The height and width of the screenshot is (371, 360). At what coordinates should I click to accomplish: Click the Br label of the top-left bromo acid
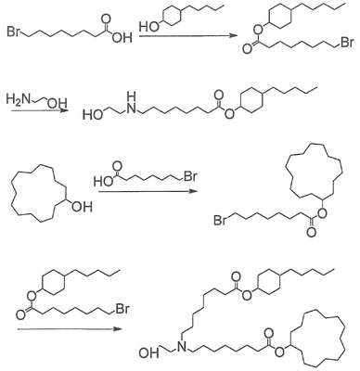[x=14, y=32]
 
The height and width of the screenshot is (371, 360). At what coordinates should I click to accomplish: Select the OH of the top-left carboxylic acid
[x=122, y=38]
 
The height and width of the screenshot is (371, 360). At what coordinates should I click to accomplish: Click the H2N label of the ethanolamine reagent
[x=19, y=99]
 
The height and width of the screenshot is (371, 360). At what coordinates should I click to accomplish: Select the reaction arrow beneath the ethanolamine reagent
[x=40, y=110]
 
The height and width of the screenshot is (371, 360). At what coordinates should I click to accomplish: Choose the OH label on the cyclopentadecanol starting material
[x=82, y=207]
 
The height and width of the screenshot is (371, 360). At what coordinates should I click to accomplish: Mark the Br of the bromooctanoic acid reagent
[x=190, y=176]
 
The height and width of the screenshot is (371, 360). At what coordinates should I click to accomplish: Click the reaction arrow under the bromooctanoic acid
[x=148, y=191]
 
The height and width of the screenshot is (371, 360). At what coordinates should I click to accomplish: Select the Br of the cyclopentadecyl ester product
[x=220, y=221]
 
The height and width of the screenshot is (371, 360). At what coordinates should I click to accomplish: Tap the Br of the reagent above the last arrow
[x=122, y=309]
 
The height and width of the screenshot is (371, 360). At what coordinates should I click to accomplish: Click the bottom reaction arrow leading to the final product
[x=70, y=329]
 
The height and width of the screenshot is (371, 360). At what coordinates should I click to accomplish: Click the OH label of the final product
[x=149, y=353]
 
